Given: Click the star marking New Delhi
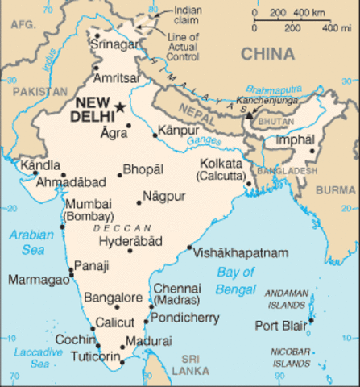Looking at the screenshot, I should (121, 106).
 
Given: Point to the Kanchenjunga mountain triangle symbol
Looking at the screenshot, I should (249, 115).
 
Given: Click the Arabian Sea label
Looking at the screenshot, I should (31, 243).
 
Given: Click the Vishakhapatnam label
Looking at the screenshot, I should (240, 252).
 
